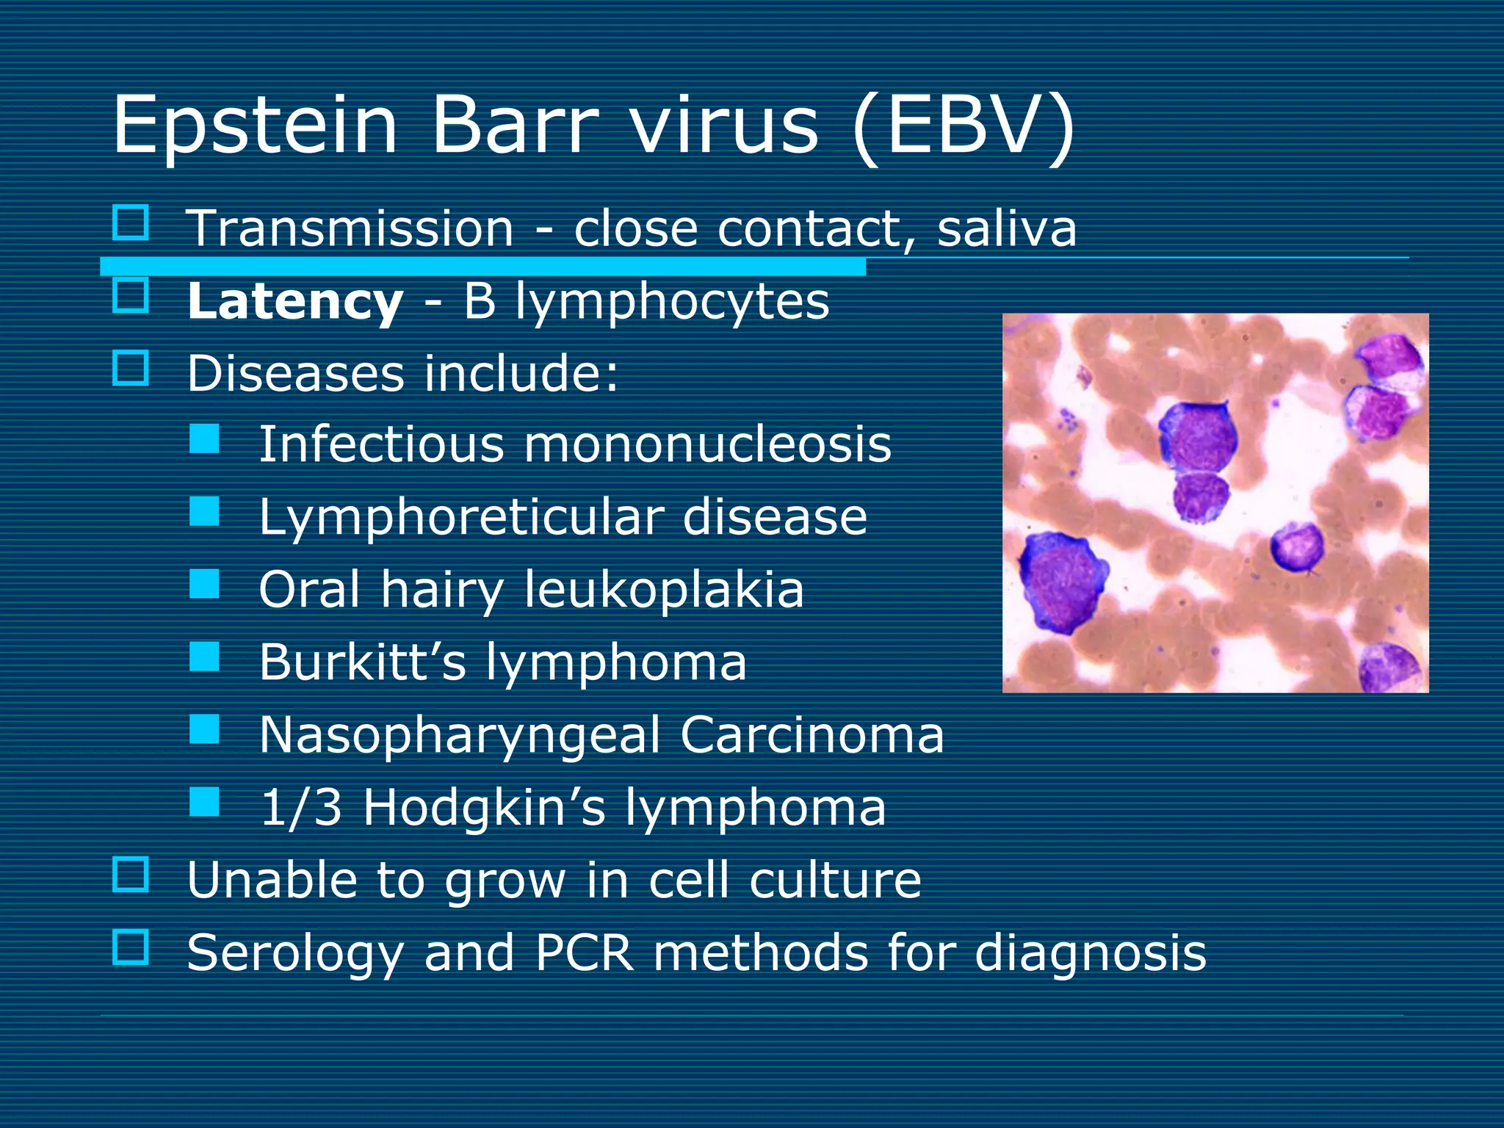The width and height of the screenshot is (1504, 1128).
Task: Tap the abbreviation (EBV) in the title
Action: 963,126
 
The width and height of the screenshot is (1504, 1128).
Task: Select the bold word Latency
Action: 294,302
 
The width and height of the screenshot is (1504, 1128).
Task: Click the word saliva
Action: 1006,228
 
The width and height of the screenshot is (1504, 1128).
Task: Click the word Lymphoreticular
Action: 460,517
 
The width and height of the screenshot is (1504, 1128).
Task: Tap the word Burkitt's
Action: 362,662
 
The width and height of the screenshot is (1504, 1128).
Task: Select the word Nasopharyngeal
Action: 460,735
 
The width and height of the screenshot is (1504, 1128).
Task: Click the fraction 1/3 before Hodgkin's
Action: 301,807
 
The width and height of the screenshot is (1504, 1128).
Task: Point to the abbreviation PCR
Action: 584,952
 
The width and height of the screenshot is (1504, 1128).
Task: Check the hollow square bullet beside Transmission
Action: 131,223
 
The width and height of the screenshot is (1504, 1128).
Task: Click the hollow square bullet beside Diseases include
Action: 131,368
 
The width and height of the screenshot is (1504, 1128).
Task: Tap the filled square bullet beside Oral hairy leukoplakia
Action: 204,585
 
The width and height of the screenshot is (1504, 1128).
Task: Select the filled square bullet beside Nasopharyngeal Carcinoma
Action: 204,730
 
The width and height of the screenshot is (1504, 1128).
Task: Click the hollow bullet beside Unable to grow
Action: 131,874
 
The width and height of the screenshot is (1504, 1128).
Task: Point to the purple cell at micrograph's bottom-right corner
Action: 1390,667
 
